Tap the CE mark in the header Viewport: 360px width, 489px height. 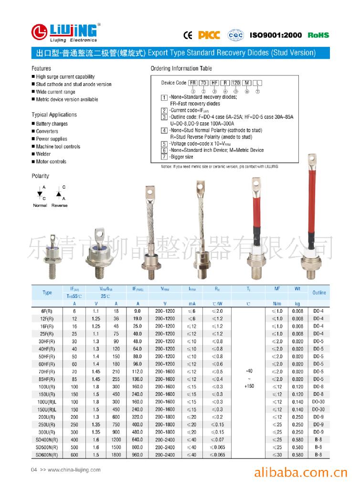[188, 35]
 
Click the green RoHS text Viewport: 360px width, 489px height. [318, 35]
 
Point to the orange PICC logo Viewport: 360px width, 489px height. [209, 35]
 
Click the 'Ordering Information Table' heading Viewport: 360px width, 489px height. [181, 68]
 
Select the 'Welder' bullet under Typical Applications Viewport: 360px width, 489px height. [43, 154]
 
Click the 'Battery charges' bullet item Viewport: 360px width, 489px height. [52, 124]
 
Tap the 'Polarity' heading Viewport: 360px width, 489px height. [40, 176]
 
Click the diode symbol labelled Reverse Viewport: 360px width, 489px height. [59, 194]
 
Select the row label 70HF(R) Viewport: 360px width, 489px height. [47, 372]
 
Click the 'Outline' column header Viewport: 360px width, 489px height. [319, 292]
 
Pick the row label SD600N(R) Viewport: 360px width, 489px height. [47, 455]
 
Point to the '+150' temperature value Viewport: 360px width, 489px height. [249, 386]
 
